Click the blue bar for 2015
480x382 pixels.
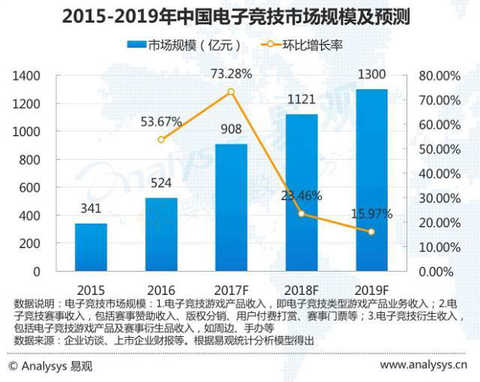90,247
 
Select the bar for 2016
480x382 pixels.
160,234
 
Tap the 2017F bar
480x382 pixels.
231,207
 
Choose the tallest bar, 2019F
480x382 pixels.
371,180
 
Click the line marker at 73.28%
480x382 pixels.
231,92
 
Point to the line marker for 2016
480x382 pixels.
160,140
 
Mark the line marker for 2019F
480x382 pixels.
371,232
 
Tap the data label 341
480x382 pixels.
90,209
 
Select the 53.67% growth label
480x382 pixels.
160,121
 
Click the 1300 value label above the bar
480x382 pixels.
371,75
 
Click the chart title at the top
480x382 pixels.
239,15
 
